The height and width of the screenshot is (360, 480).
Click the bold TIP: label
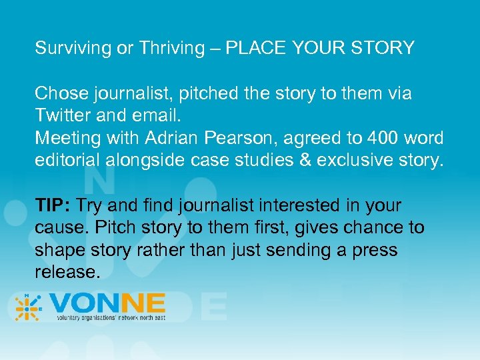[54, 205]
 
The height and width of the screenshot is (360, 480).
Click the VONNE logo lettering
[107, 305]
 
